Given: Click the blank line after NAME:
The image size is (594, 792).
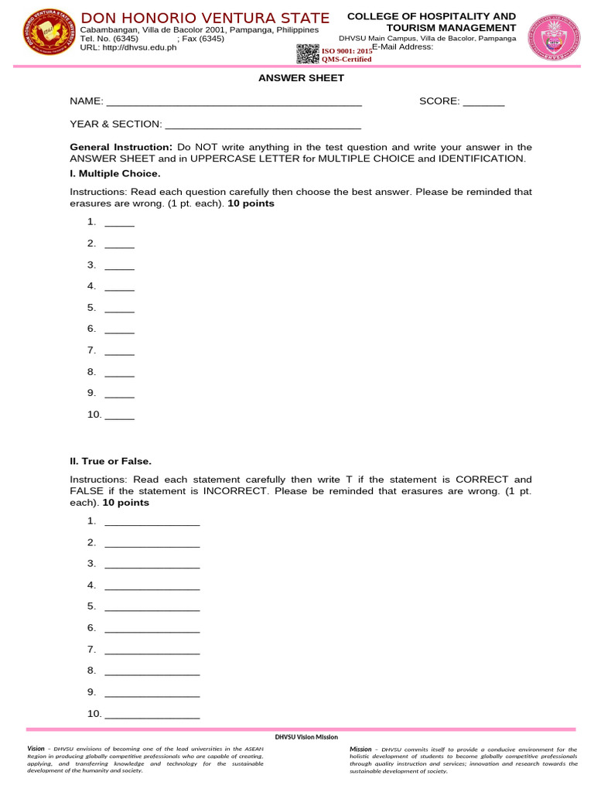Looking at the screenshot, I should click(x=234, y=102).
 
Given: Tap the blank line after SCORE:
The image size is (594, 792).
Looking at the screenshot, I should click(x=483, y=102).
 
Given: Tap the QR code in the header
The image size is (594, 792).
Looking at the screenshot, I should click(x=308, y=53).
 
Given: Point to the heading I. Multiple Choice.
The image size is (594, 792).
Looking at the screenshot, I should click(x=115, y=173).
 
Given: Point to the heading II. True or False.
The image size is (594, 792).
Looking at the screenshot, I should click(x=111, y=461).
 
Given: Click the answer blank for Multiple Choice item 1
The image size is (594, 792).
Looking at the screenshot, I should click(x=119, y=224).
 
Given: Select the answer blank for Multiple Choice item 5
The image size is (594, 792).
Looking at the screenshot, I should click(x=119, y=309).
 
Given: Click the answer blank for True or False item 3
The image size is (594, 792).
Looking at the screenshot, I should click(x=152, y=565).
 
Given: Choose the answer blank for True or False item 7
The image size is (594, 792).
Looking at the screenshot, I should click(x=152, y=650).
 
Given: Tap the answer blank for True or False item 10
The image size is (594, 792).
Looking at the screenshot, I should click(x=152, y=715).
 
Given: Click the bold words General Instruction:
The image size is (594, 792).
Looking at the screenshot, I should click(x=121, y=147).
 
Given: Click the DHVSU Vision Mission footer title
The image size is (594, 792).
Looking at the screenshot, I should click(x=307, y=737).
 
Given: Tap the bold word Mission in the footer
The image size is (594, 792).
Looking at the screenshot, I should click(x=360, y=749).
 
